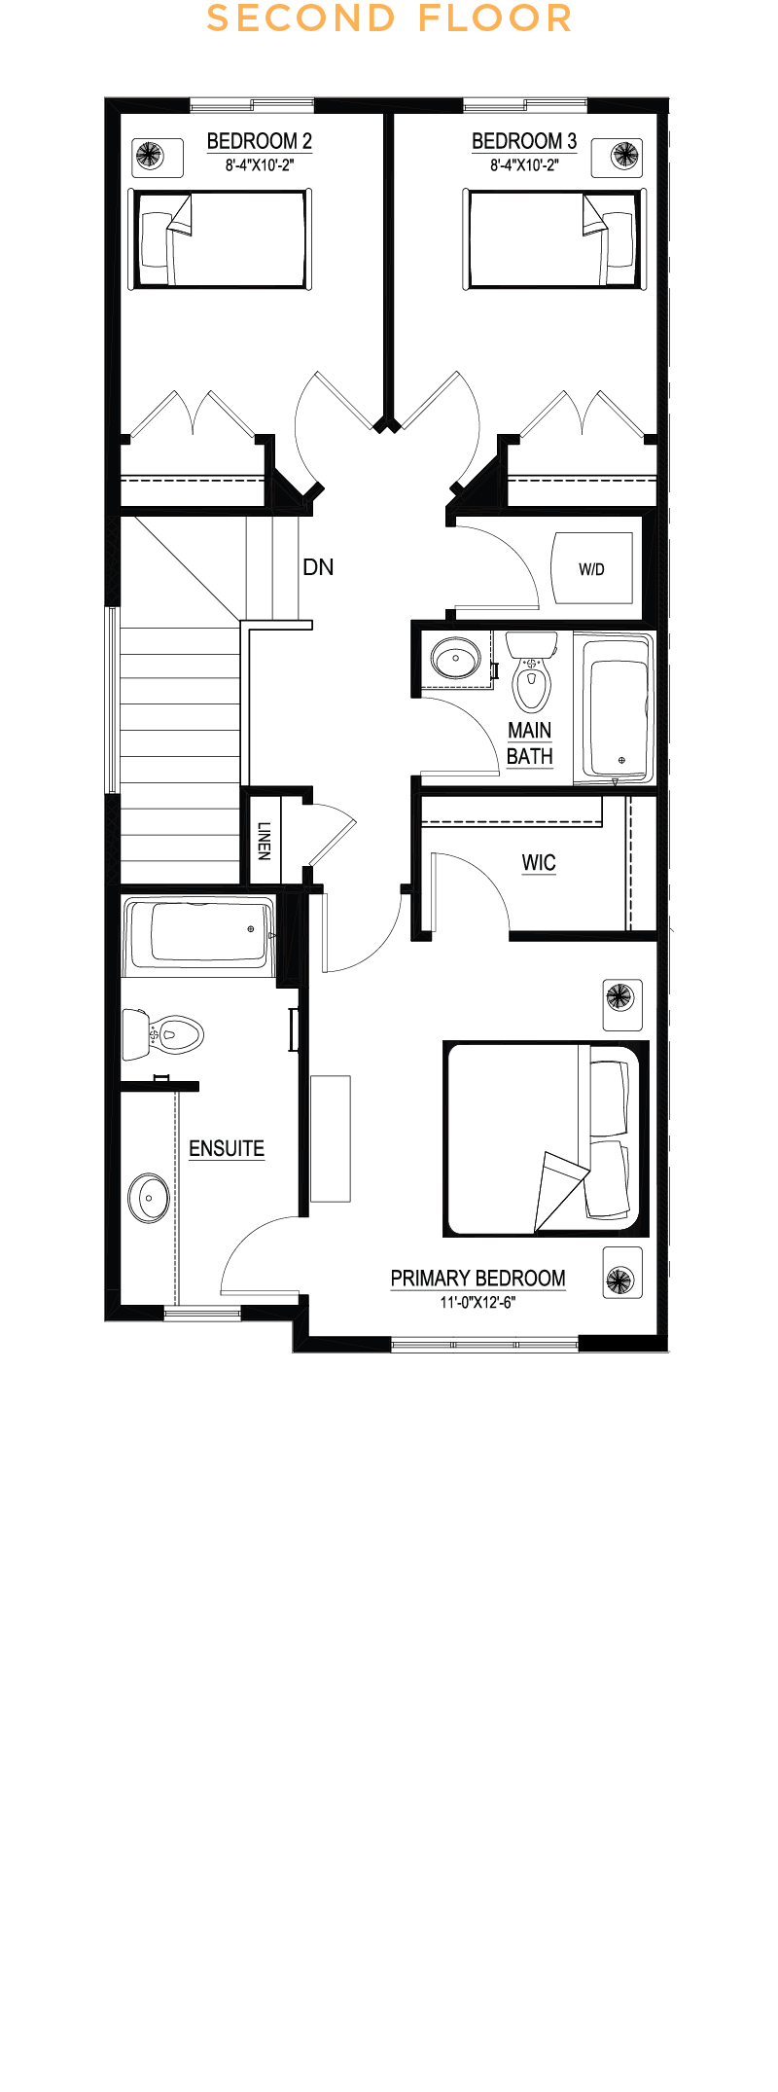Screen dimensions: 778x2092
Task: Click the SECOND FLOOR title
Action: coord(389,18)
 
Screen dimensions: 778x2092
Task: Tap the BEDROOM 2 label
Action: coord(260,141)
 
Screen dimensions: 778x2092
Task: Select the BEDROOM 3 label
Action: coord(524,141)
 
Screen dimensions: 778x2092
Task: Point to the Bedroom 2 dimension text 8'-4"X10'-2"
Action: coord(260,165)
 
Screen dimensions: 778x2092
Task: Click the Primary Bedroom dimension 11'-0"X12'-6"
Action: coord(477,1302)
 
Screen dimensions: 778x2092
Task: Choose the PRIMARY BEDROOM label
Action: coord(477,1279)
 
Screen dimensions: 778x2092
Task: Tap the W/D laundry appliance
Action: coord(591,568)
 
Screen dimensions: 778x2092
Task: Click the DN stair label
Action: coord(318,567)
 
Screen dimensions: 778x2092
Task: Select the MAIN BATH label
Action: coord(530,743)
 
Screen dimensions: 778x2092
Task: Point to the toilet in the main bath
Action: coord(531,671)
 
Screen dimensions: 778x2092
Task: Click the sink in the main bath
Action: coord(455,659)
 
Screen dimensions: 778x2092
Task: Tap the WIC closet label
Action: coord(539,863)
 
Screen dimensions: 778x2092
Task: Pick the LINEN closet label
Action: coord(264,841)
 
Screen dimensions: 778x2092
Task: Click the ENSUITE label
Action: coord(227,1148)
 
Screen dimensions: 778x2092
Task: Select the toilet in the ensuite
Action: coord(162,1033)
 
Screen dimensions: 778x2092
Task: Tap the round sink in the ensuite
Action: coord(149,1198)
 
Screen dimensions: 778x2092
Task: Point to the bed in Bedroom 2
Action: coord(221,239)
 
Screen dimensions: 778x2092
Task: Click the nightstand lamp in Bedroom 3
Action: coord(624,155)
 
